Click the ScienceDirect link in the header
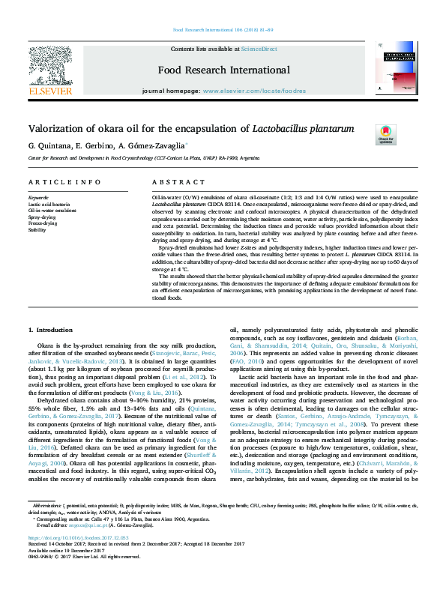259,49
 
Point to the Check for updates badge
386,134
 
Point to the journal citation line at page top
223,30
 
